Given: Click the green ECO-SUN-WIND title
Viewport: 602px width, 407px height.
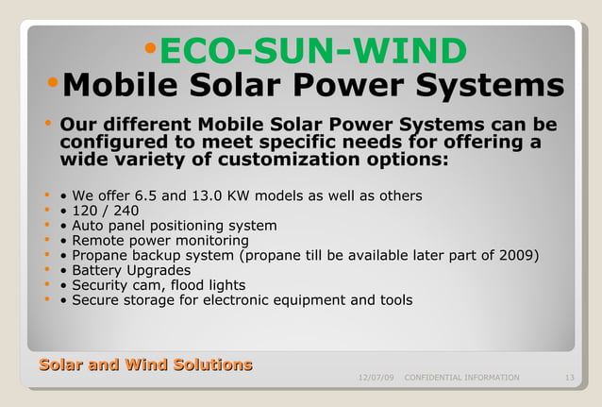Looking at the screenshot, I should point(312,51).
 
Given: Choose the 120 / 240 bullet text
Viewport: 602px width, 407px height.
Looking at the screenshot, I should point(105,211).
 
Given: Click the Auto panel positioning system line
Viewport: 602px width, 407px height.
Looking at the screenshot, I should point(175,226).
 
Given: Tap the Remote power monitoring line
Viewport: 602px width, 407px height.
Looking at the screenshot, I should point(160,240).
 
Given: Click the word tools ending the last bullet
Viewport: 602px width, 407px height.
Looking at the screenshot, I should point(394,300).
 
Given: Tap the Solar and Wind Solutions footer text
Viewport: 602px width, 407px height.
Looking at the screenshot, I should point(145,365).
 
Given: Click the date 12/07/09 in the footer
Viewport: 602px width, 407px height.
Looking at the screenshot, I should point(376,378).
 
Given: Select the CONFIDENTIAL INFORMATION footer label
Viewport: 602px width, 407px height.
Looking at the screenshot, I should point(461,378).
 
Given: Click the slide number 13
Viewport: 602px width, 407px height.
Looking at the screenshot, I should point(569,378).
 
